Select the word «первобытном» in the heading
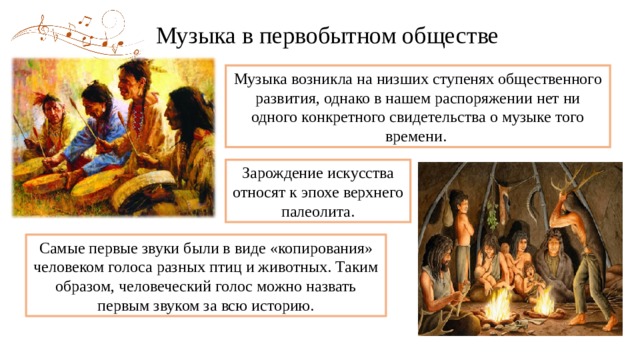point(322,37)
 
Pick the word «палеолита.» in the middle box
point(319,212)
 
